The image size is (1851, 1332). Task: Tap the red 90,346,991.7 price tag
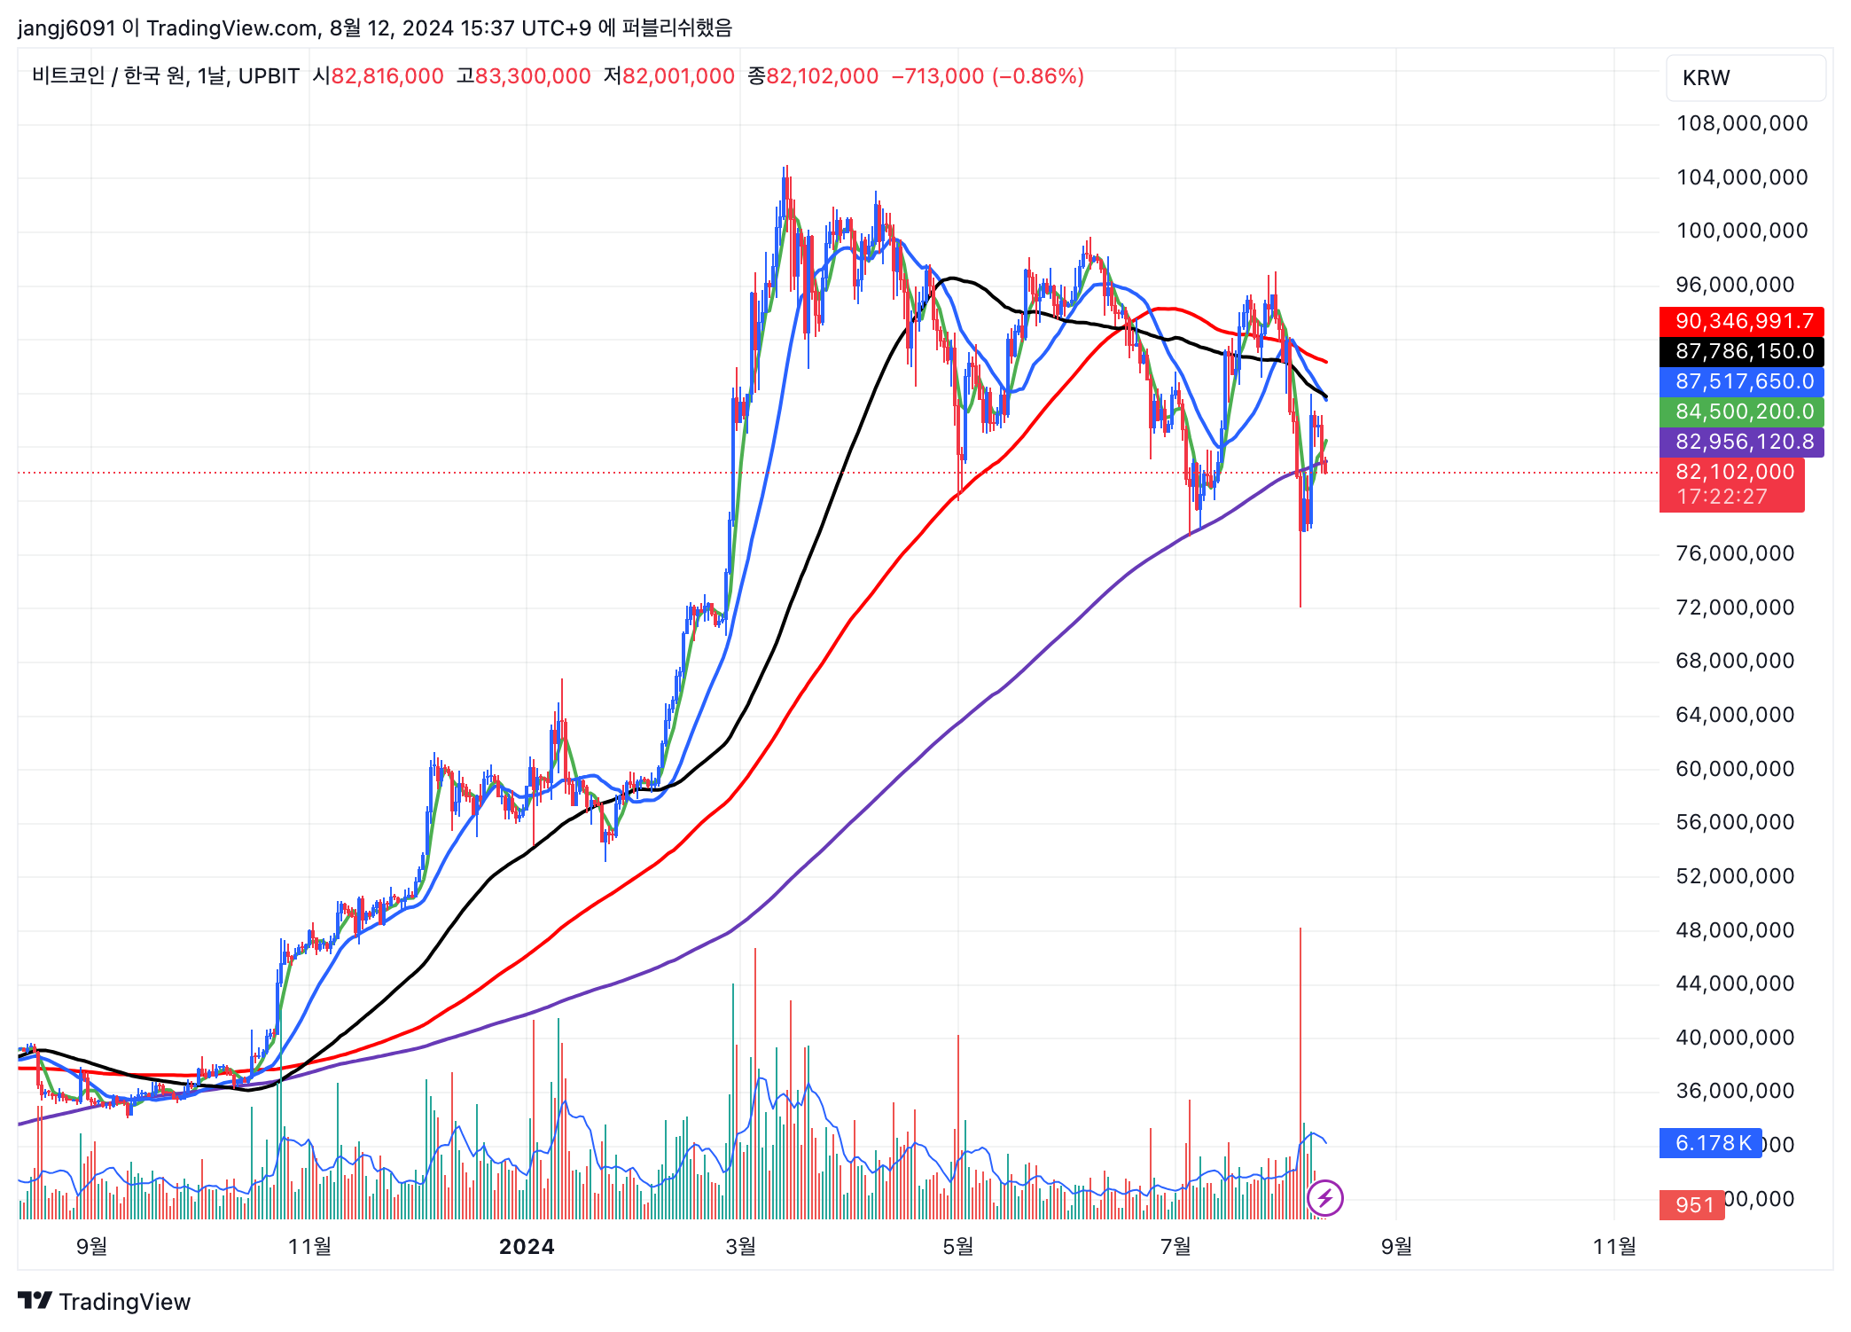tap(1741, 321)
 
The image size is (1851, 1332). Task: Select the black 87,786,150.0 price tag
tap(1741, 351)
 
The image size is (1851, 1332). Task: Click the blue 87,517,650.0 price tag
tap(1741, 381)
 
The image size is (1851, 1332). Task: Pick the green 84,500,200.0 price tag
tap(1741, 411)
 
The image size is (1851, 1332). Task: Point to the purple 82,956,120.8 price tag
tap(1741, 442)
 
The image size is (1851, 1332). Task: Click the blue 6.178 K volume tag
tap(1709, 1143)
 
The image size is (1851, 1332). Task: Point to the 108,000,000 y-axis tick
tap(1741, 123)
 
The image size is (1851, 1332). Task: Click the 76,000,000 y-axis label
tap(1734, 553)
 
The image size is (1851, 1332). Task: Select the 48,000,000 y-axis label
tap(1734, 930)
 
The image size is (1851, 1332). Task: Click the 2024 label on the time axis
tap(527, 1247)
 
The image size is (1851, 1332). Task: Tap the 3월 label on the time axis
tap(741, 1247)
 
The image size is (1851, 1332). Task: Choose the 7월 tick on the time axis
tap(1175, 1247)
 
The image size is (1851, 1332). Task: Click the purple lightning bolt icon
tap(1324, 1199)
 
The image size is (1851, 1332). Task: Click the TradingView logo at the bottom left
tap(105, 1301)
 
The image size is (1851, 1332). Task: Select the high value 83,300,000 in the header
tap(533, 76)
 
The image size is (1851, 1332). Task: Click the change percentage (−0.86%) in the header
tap(1038, 76)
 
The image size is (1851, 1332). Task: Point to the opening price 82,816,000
tap(387, 76)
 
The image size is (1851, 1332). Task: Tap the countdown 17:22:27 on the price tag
tap(1722, 497)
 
